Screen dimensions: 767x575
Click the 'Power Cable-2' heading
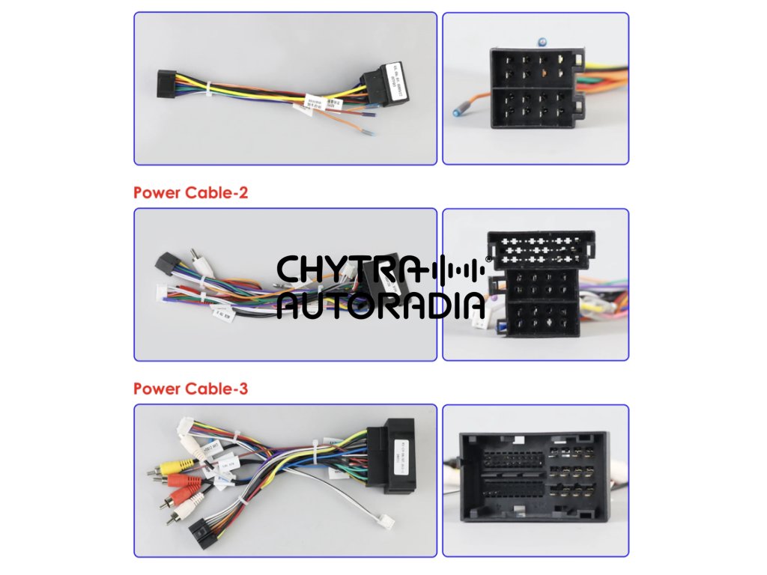point(190,192)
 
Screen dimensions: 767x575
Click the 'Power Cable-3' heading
point(190,389)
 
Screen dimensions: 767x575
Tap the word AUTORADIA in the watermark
point(381,305)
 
